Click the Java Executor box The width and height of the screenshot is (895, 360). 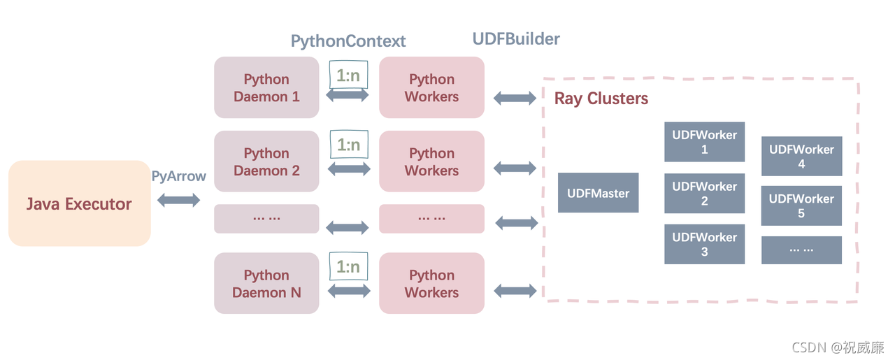pos(79,203)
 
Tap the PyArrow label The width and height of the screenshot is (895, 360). pos(179,175)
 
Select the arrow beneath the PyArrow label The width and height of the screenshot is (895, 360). pos(179,201)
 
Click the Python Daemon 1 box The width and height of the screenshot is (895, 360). pos(266,87)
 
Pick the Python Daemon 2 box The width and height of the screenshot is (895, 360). pos(266,161)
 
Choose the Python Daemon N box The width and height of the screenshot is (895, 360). pos(266,284)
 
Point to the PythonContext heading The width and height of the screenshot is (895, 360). pos(348,41)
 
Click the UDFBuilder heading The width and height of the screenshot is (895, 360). pos(516,38)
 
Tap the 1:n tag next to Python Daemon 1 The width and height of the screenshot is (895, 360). pos(348,74)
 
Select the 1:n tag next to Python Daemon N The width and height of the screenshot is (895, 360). pos(348,266)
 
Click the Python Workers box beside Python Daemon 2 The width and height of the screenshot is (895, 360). pos(431,161)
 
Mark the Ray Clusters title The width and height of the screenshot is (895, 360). pos(601,99)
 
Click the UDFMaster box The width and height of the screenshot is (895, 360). pos(598,193)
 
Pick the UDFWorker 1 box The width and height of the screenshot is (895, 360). pos(704,142)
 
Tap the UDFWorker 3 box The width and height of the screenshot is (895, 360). pos(704,244)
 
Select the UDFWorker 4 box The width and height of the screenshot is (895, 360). pos(801,156)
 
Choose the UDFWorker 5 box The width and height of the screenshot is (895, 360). pos(801,206)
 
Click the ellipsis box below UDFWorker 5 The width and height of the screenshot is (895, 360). pos(801,250)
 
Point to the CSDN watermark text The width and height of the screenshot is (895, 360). pos(838,347)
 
